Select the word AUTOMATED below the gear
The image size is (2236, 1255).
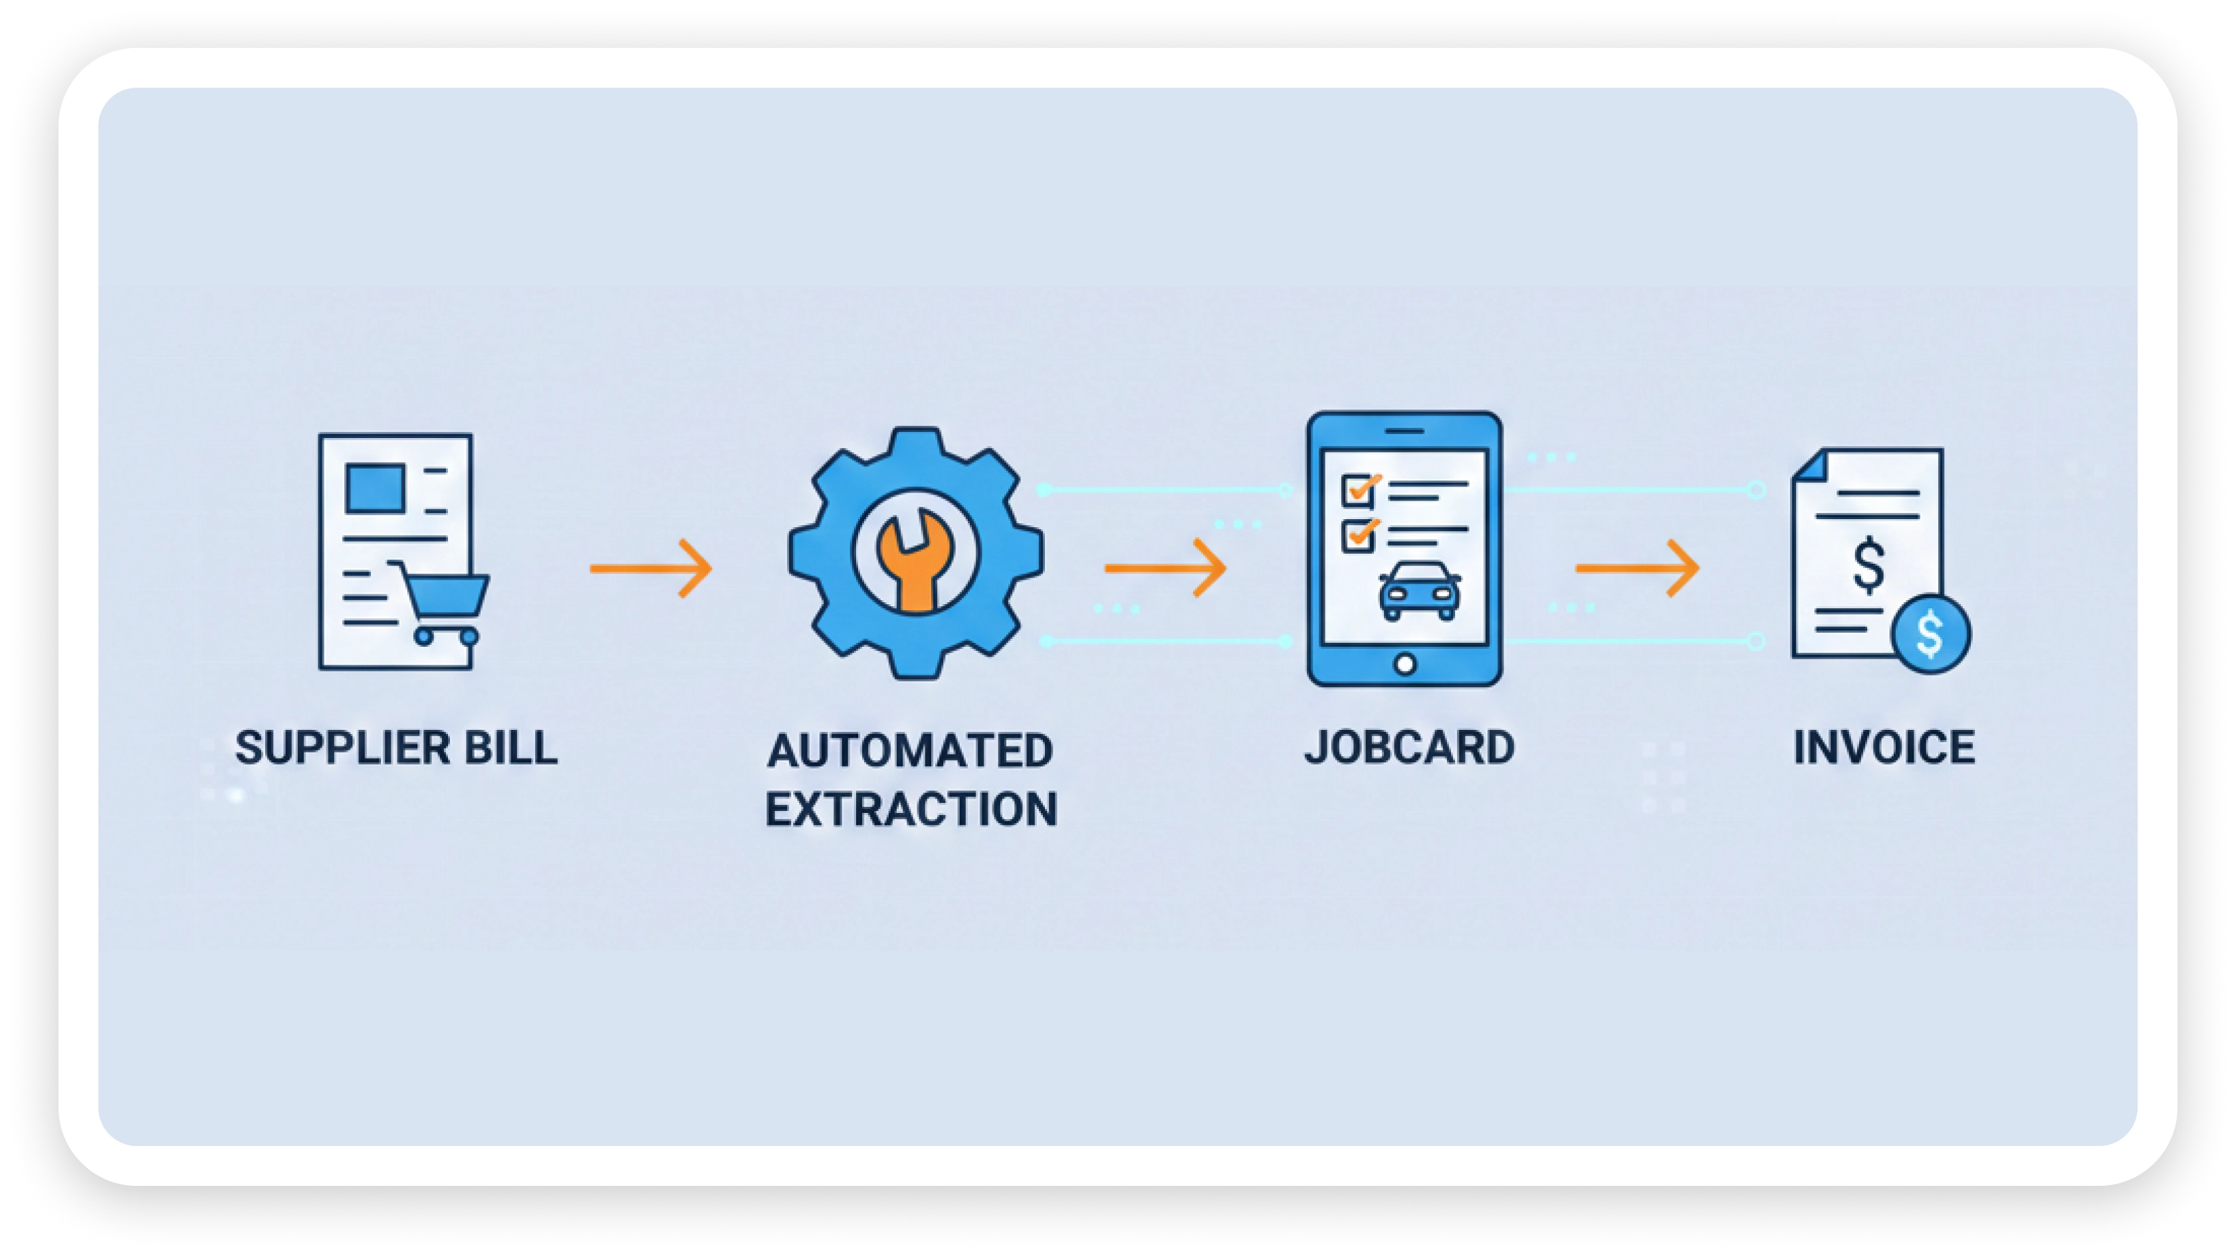click(911, 750)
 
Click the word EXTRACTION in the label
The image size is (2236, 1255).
click(911, 809)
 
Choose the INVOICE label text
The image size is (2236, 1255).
click(1884, 747)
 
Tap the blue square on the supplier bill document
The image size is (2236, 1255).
click(375, 488)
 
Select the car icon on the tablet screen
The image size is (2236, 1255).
click(1420, 591)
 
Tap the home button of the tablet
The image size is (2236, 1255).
click(1405, 665)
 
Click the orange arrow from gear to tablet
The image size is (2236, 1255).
click(1165, 568)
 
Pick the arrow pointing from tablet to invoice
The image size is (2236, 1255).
click(1637, 568)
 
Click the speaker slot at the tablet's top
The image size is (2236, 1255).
click(1404, 431)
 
